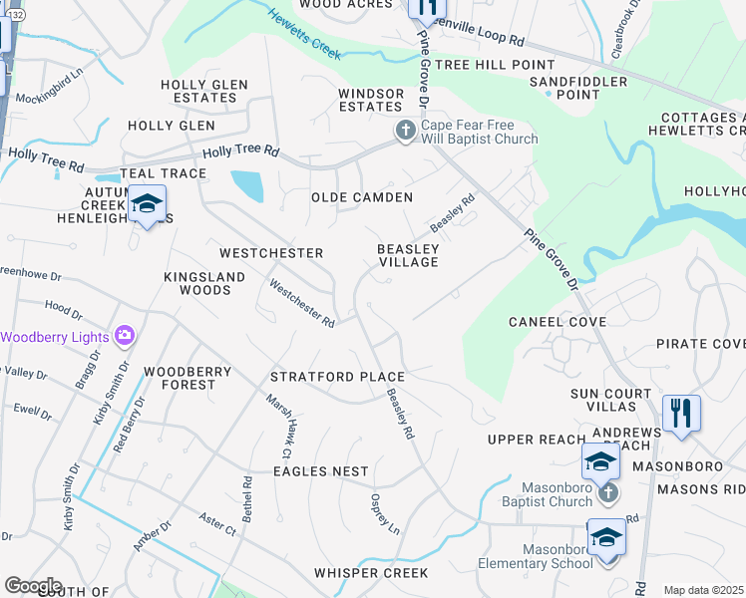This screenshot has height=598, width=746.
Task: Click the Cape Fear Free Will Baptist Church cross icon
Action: tap(405, 132)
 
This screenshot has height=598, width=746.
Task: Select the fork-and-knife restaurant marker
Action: tap(681, 413)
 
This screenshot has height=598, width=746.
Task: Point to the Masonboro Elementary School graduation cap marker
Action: tap(605, 538)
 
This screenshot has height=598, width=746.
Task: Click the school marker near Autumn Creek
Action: tap(147, 205)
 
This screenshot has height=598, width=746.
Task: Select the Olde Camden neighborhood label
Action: tap(361, 197)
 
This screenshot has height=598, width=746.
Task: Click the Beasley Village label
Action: tap(408, 255)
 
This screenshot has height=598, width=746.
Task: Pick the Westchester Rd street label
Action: tap(302, 303)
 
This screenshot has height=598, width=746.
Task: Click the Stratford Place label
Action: tap(338, 377)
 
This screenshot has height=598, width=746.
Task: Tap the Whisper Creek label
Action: tap(371, 573)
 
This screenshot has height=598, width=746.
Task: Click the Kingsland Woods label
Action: tap(198, 283)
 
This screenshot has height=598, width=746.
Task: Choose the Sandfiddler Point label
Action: tap(578, 88)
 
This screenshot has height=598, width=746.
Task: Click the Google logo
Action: tap(33, 586)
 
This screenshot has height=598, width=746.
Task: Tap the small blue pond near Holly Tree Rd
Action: tap(247, 185)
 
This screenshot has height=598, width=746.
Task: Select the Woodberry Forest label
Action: tap(187, 378)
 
